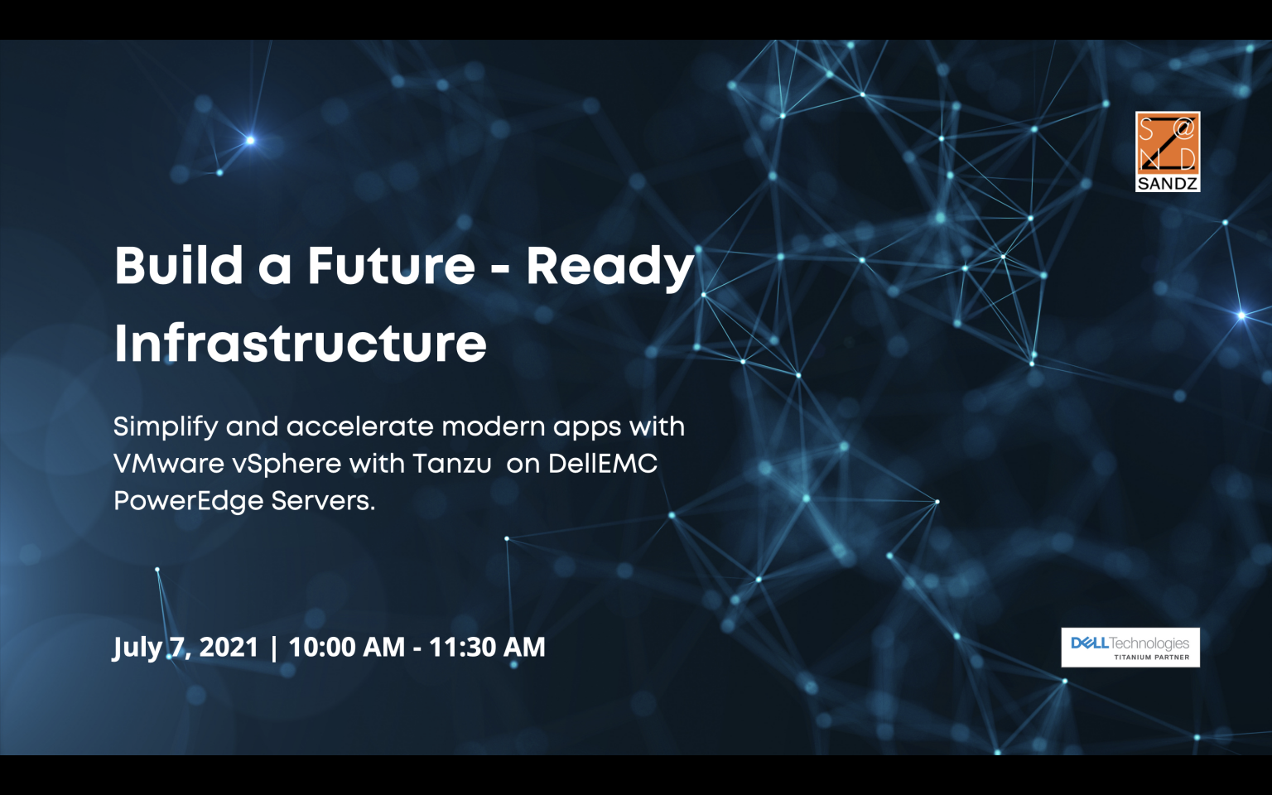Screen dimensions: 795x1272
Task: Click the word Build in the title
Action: pyautogui.click(x=179, y=266)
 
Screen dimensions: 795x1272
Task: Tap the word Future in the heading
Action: pyautogui.click(x=391, y=266)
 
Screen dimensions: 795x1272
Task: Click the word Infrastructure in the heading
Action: pyautogui.click(x=301, y=344)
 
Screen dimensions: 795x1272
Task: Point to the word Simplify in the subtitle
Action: pyautogui.click(x=166, y=427)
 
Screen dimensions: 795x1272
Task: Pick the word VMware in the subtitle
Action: pyautogui.click(x=169, y=464)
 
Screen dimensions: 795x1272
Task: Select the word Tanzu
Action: pyautogui.click(x=452, y=464)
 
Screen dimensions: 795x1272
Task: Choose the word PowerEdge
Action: pyautogui.click(x=188, y=501)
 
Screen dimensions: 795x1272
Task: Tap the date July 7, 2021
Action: pyautogui.click(x=185, y=648)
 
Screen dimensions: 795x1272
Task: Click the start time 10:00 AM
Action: pyautogui.click(x=346, y=647)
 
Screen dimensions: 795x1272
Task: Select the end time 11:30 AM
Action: pyautogui.click(x=487, y=647)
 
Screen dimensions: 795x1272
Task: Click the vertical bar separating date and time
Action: pyautogui.click(x=273, y=648)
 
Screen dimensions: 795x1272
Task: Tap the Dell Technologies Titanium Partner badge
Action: pyautogui.click(x=1130, y=648)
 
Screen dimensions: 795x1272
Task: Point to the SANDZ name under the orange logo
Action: pyautogui.click(x=1168, y=184)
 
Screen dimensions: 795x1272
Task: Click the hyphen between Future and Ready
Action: pyautogui.click(x=500, y=268)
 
